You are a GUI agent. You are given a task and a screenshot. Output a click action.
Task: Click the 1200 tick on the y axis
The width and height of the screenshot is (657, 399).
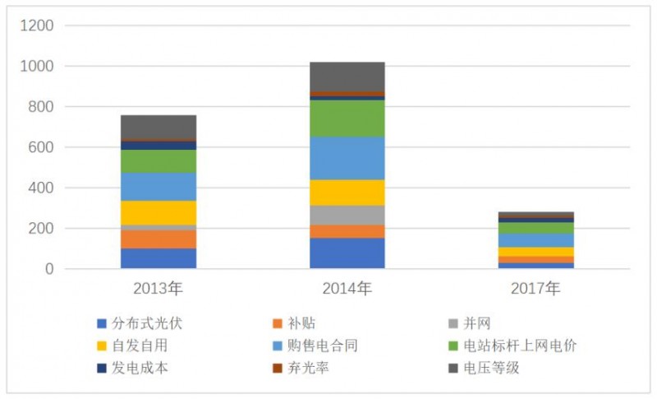(36, 26)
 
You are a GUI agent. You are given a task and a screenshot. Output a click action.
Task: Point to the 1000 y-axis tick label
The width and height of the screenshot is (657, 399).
(36, 66)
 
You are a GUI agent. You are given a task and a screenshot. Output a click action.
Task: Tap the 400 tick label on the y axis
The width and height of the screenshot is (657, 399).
(40, 188)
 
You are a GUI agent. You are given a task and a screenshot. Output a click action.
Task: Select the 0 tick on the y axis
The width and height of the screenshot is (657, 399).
(48, 269)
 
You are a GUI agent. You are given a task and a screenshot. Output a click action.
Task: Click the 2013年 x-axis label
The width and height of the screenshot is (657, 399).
(159, 289)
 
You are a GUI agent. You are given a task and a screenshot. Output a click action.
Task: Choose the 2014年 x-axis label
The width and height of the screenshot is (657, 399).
(347, 289)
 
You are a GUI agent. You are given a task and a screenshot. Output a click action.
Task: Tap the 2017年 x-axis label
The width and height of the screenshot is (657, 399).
(535, 289)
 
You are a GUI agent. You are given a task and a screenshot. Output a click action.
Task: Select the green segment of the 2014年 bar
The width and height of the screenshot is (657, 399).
(347, 118)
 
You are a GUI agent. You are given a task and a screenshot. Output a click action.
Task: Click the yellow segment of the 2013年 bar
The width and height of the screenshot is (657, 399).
(159, 212)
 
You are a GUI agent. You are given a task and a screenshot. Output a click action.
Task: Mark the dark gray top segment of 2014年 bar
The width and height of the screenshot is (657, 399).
(347, 77)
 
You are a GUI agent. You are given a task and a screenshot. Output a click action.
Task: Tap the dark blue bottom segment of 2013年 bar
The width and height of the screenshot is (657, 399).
(159, 258)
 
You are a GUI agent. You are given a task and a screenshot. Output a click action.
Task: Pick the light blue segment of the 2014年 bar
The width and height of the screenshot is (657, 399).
(347, 158)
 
